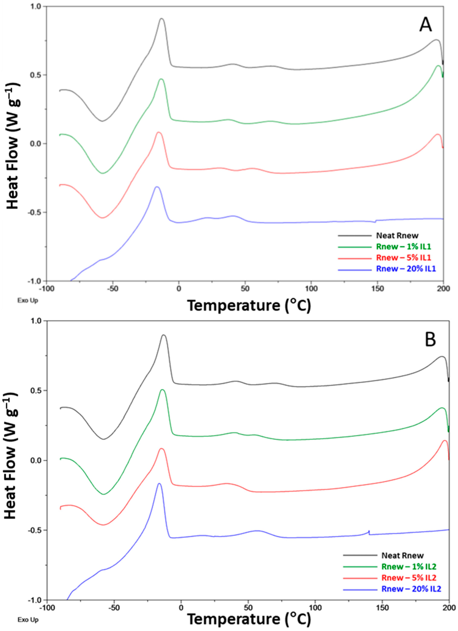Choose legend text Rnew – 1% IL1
[403, 247]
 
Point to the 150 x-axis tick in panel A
[377, 289]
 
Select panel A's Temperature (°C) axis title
[249, 306]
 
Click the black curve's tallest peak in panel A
[162, 19]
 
